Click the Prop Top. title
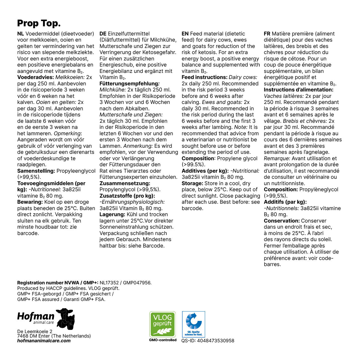click(39, 24)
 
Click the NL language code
click(21, 34)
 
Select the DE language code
click(103, 34)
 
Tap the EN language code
click(185, 34)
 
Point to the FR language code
click(267, 34)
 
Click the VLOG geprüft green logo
click(162, 324)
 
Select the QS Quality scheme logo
click(193, 324)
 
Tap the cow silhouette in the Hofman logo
click(66, 319)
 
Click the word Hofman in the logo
click(36, 316)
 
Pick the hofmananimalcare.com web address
click(44, 341)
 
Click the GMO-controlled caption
click(163, 340)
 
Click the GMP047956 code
click(137, 283)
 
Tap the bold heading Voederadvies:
click(35, 77)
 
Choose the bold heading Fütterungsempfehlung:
click(129, 84)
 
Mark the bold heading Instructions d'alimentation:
click(298, 90)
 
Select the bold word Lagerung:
click(112, 215)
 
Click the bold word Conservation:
click(282, 221)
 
